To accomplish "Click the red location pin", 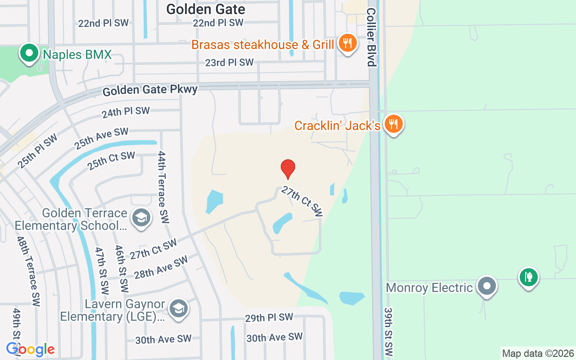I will point(288,169).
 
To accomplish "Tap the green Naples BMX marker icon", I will point(29,54).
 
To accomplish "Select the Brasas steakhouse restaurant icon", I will point(347,44).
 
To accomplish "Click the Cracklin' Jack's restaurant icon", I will point(394,124).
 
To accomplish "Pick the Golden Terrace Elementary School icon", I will point(141,218).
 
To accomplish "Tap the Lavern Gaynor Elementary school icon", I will point(179,309).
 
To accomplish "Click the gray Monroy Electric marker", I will point(486,286).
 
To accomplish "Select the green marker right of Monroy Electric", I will point(529,277).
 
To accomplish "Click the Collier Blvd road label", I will point(371,37).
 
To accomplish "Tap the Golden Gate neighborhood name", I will point(206,9).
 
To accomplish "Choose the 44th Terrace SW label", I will point(163,187).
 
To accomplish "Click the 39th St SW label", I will point(388,332).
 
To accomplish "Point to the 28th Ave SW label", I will point(161,267).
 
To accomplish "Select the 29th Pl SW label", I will point(269,317).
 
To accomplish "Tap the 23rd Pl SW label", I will point(229,63).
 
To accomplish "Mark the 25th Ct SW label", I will point(111,161).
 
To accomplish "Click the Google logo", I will point(31,349).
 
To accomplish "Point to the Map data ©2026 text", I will point(538,354).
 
